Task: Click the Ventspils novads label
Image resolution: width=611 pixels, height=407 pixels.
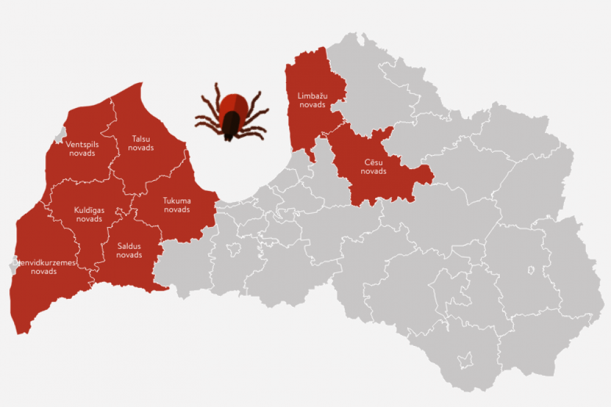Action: tap(82, 149)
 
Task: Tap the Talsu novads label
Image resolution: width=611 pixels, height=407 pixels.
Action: tap(141, 143)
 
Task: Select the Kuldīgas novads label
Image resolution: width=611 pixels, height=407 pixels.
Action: tap(89, 214)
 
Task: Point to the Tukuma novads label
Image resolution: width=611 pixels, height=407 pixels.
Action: tap(177, 205)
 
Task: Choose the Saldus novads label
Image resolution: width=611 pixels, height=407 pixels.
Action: tap(129, 250)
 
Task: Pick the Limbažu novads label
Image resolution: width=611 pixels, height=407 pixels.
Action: tap(312, 100)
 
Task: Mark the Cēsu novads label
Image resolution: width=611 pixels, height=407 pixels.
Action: tap(373, 167)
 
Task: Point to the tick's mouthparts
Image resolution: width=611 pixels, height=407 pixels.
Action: tap(228, 139)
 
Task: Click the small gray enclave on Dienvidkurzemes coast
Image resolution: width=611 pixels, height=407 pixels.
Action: tap(13, 264)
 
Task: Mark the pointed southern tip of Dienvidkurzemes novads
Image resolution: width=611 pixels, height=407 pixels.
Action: tap(23, 333)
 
